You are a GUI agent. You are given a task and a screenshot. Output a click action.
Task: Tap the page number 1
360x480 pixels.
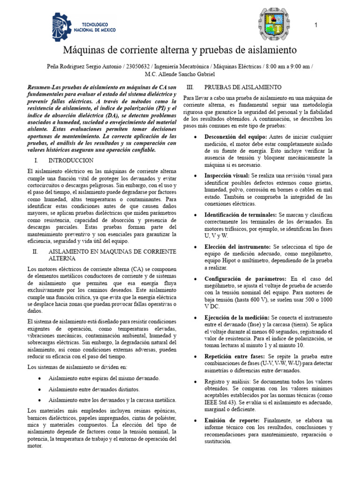point(316,25)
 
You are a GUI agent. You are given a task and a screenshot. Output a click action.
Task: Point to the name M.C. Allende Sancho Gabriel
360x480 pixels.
point(180,74)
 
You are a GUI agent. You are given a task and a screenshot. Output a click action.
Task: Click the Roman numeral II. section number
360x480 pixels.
point(35,251)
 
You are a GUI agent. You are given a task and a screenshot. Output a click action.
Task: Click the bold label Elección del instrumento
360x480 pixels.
point(237,246)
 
